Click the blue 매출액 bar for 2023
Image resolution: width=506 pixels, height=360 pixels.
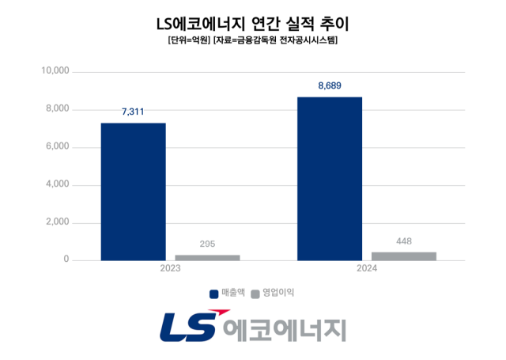click(133, 191)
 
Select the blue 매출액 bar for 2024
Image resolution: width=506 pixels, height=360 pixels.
click(330, 178)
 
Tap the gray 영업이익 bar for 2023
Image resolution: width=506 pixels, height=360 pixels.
click(207, 257)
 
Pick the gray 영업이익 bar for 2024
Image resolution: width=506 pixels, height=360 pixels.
click(404, 256)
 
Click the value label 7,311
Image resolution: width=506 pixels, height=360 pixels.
click(133, 112)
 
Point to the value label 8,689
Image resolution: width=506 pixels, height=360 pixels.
click(330, 85)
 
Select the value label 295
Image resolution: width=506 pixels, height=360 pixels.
click(207, 244)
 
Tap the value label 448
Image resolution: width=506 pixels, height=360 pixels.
click(404, 241)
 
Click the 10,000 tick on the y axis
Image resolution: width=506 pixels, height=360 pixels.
click(55, 71)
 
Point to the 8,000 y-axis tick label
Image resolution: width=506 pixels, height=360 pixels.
click(58, 109)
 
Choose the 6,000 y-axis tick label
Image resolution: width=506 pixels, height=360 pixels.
click(58, 147)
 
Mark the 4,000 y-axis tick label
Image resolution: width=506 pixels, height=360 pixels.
click(58, 185)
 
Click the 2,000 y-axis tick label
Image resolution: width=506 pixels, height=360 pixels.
click(58, 223)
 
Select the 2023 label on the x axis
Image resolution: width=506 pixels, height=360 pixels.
click(170, 269)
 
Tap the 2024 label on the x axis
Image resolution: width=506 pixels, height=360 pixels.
click(367, 269)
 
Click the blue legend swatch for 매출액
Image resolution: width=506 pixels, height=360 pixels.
click(214, 294)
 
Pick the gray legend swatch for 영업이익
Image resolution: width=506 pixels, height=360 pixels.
click(255, 294)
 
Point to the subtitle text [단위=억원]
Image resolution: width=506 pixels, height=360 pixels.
click(188, 40)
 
